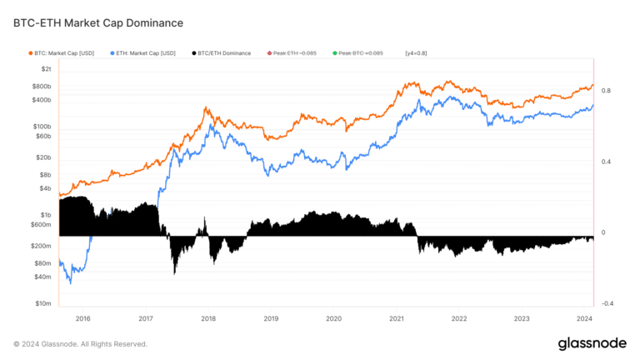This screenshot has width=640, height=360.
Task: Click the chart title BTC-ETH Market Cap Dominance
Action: tap(98, 22)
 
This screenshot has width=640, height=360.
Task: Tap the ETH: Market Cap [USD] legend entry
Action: tap(142, 53)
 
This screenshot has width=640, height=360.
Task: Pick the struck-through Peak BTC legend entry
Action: tap(358, 53)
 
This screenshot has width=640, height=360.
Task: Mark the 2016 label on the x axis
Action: tap(82, 318)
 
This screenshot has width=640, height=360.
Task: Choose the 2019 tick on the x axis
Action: tap(271, 318)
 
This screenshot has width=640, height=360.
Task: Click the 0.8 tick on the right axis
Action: tap(607, 90)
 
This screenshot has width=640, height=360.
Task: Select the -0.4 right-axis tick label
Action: tap(607, 304)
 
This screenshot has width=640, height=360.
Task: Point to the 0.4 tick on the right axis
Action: tap(607, 162)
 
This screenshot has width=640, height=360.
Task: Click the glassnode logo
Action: tap(587, 343)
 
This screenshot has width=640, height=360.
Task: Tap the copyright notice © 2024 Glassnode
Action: tap(80, 343)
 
